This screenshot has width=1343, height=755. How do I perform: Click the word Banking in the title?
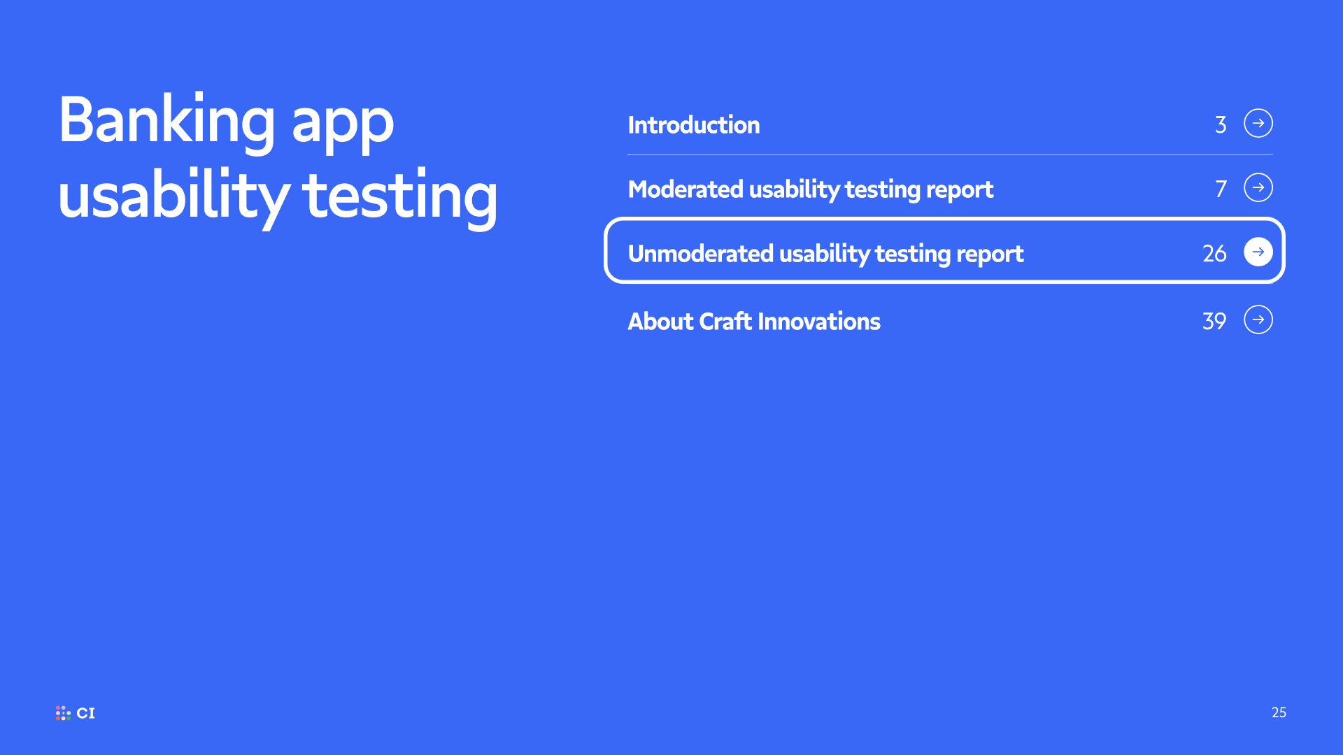point(167,122)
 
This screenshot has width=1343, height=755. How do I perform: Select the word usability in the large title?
point(173,197)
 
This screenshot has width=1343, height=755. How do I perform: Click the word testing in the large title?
point(400,199)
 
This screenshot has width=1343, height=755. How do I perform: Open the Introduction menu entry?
point(694,125)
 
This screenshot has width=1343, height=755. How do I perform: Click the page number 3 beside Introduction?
point(1221,125)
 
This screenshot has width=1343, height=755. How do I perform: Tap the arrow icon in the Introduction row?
point(1258,123)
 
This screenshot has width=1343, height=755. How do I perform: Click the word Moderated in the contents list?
point(685,189)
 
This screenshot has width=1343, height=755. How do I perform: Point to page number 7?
point(1221,189)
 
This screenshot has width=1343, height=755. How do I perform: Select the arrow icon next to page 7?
point(1258,187)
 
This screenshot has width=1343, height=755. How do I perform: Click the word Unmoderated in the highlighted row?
point(700,254)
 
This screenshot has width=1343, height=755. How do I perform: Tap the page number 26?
point(1214,254)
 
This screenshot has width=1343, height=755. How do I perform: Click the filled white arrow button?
point(1258,252)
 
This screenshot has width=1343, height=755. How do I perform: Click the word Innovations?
point(819,322)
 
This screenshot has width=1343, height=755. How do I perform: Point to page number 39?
point(1214,322)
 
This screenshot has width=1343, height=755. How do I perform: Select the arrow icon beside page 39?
point(1258,319)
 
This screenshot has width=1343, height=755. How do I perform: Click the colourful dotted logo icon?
point(63,713)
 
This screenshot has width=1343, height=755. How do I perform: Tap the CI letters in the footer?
point(86,713)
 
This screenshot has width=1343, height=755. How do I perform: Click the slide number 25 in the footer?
point(1279,712)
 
